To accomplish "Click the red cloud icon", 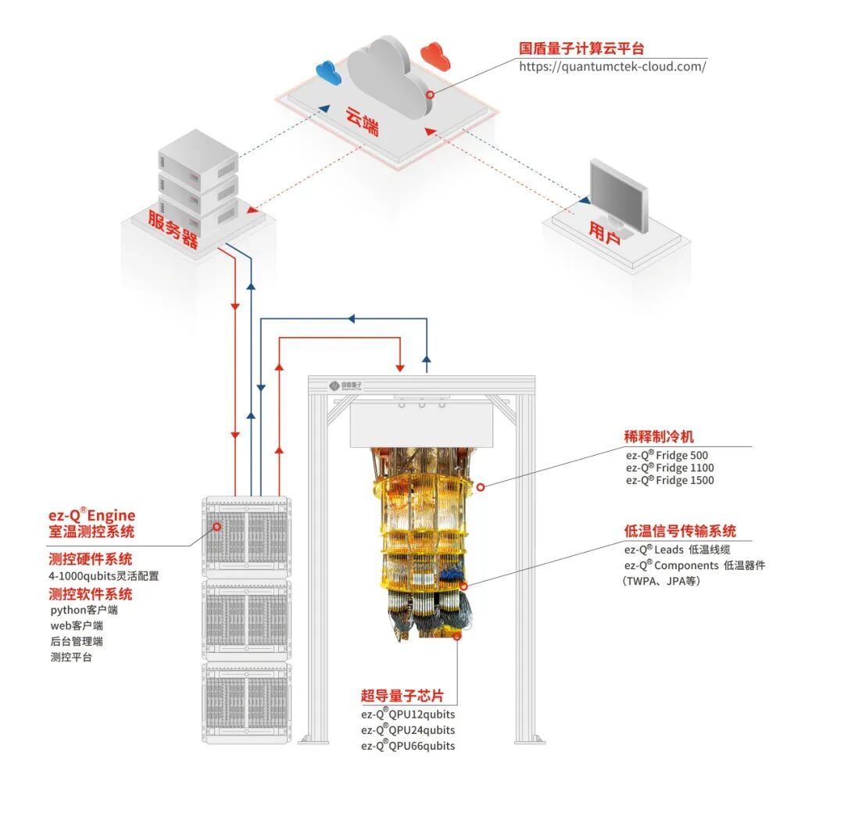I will click(x=435, y=54).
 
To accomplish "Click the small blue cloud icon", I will click(x=328, y=72).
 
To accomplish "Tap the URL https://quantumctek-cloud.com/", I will click(x=613, y=66).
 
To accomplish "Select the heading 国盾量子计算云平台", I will click(x=582, y=48).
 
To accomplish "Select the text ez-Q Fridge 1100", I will click(x=670, y=467).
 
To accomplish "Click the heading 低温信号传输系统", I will click(x=680, y=532).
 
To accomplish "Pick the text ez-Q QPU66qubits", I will click(x=408, y=746).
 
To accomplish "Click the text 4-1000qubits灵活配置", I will click(x=104, y=576).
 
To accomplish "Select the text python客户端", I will click(x=84, y=610).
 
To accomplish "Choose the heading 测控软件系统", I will click(x=91, y=593).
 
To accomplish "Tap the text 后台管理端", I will click(x=77, y=641).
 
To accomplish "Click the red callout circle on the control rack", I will click(x=216, y=526).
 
